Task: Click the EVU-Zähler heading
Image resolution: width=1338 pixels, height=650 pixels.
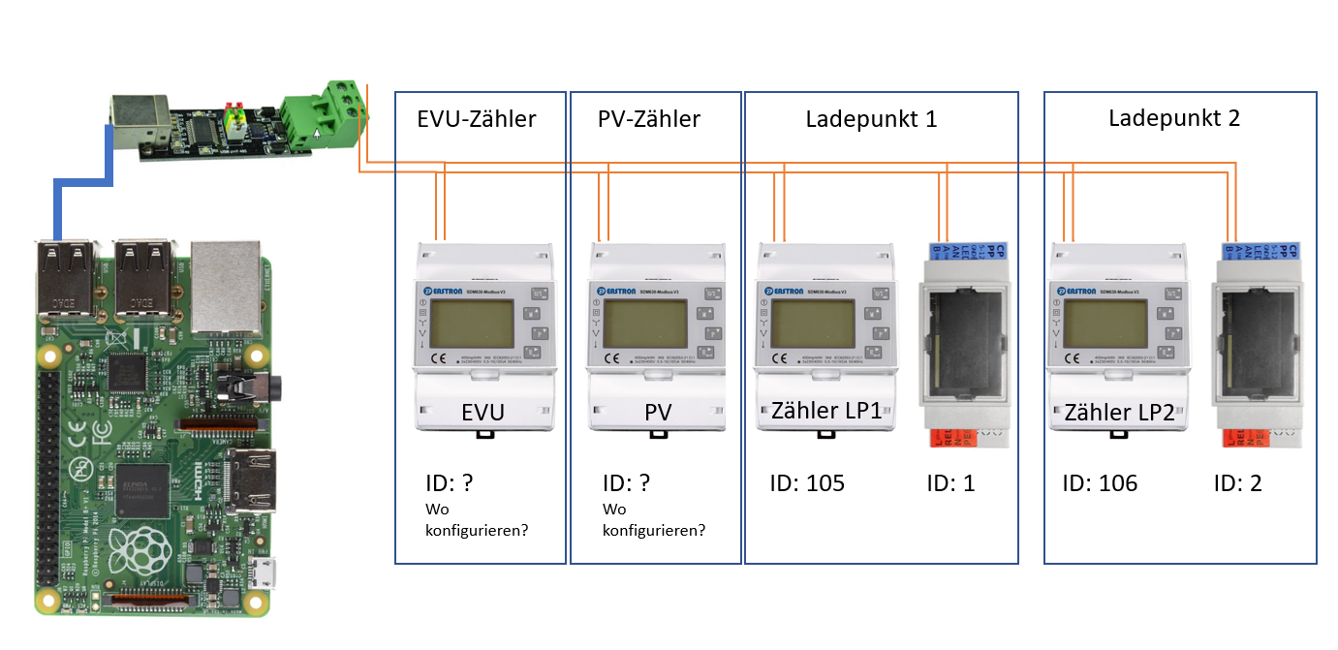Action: [477, 119]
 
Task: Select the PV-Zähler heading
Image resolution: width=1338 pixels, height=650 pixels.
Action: [649, 119]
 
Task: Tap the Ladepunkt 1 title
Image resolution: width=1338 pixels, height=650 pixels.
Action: [871, 119]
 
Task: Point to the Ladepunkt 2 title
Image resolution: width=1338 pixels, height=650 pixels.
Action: [1173, 118]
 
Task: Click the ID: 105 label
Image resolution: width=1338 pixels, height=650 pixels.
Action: [807, 482]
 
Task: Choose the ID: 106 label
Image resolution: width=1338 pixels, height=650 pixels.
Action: [1100, 482]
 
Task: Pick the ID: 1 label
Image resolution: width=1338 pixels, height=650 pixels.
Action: [950, 482]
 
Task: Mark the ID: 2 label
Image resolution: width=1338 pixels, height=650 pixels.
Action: [1238, 482]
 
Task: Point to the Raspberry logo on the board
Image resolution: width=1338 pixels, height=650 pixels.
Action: [135, 552]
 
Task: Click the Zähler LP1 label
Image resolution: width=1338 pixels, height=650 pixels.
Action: [826, 410]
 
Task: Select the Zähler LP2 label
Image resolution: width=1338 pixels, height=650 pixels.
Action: [1119, 412]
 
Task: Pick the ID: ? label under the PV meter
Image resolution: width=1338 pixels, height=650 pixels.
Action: [626, 482]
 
